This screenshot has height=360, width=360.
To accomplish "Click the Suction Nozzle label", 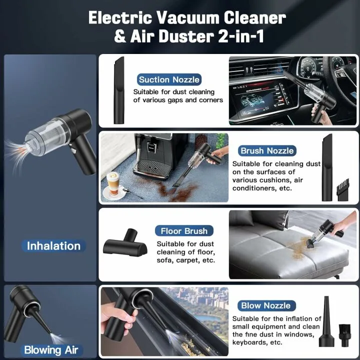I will coord(169,79).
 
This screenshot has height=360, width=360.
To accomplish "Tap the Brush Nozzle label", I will coord(267,150).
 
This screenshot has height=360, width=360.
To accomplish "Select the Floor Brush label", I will coord(184,231).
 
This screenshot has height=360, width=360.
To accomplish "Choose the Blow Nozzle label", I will coord(265,305).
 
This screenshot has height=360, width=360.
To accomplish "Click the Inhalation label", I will coord(53,246).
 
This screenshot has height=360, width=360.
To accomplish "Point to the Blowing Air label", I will coord(51,349).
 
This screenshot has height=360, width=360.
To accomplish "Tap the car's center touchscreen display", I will coord(260,97).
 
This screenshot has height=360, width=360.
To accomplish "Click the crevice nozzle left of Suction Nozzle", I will coord(118,89).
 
